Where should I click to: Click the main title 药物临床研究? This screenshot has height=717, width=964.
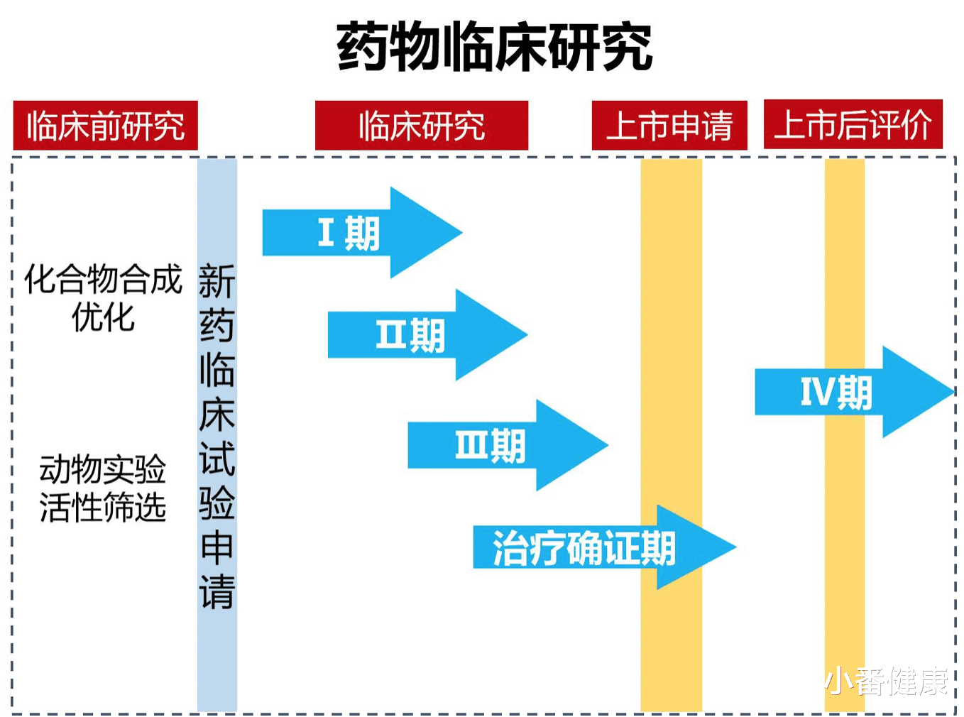pyautogui.click(x=494, y=46)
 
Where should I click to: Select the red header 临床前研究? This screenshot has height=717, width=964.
pyautogui.click(x=105, y=125)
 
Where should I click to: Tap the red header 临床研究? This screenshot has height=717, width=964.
pyautogui.click(x=422, y=125)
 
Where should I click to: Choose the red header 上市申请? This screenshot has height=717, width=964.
pyautogui.click(x=669, y=125)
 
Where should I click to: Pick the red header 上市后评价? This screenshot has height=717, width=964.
pyautogui.click(x=853, y=124)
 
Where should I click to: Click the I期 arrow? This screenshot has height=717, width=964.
pyautogui.click(x=362, y=233)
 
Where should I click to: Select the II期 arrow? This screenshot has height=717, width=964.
pyautogui.click(x=427, y=335)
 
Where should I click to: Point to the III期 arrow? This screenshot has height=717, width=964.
pyautogui.click(x=508, y=445)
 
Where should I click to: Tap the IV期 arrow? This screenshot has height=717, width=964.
pyautogui.click(x=855, y=392)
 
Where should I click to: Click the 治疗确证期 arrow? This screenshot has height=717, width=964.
pyautogui.click(x=605, y=547)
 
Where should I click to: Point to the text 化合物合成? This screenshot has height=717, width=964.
pyautogui.click(x=103, y=279)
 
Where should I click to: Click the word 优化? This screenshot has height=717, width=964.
pyautogui.click(x=103, y=317)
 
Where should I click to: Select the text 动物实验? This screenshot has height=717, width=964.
pyautogui.click(x=102, y=469)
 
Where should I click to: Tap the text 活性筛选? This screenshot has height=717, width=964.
pyautogui.click(x=102, y=507)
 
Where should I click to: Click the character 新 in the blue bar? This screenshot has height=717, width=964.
pyautogui.click(x=217, y=280)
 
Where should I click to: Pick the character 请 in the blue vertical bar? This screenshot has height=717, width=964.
pyautogui.click(x=217, y=592)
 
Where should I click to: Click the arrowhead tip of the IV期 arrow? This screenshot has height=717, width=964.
pyautogui.click(x=955, y=392)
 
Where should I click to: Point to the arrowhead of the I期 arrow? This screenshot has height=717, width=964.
pyautogui.click(x=426, y=233)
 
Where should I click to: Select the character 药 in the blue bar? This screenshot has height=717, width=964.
pyautogui.click(x=217, y=326)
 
